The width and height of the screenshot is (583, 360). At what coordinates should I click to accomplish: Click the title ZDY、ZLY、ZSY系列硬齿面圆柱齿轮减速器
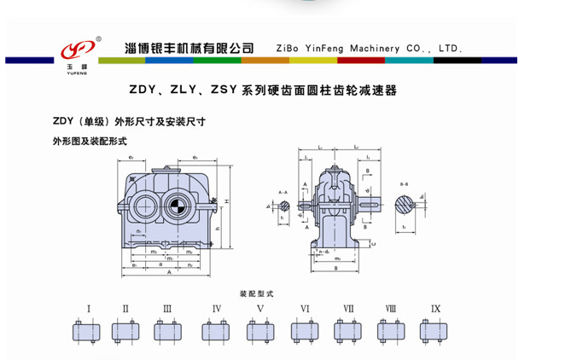(263, 89)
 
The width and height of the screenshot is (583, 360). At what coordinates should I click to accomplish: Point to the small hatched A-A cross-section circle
(283, 206)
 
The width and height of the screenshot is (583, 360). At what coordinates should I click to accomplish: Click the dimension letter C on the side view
(372, 244)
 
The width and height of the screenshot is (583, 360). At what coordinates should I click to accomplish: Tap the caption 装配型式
(253, 291)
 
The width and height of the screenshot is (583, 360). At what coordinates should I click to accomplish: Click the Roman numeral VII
(348, 308)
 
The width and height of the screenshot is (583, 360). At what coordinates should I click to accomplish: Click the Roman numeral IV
(217, 308)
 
